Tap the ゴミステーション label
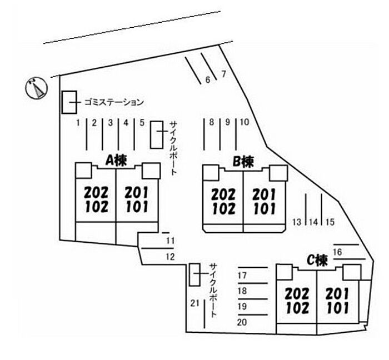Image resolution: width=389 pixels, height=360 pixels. tap(114, 102)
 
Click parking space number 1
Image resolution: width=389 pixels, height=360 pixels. tap(79, 123)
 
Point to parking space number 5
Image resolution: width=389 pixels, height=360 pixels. tap(142, 123)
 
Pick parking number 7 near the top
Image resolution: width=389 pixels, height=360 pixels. tap(223, 73)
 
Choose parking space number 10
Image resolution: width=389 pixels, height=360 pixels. tap(245, 123)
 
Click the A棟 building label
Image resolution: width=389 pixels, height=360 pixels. tap(117, 161)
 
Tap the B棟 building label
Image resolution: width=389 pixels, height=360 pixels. tap(243, 162)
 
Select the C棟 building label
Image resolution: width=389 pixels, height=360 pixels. tap(317, 260)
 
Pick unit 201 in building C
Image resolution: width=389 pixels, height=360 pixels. tap(337, 293)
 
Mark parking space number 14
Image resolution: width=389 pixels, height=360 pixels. tap(313, 222)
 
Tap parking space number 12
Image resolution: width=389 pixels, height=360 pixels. tap(170, 257)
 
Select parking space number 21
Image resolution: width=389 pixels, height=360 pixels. tap(194, 303)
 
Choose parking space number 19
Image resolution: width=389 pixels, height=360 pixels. tap(241, 306)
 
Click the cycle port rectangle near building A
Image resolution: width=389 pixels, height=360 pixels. tap(157, 134)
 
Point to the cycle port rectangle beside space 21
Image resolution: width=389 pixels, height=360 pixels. tap(194, 274)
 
